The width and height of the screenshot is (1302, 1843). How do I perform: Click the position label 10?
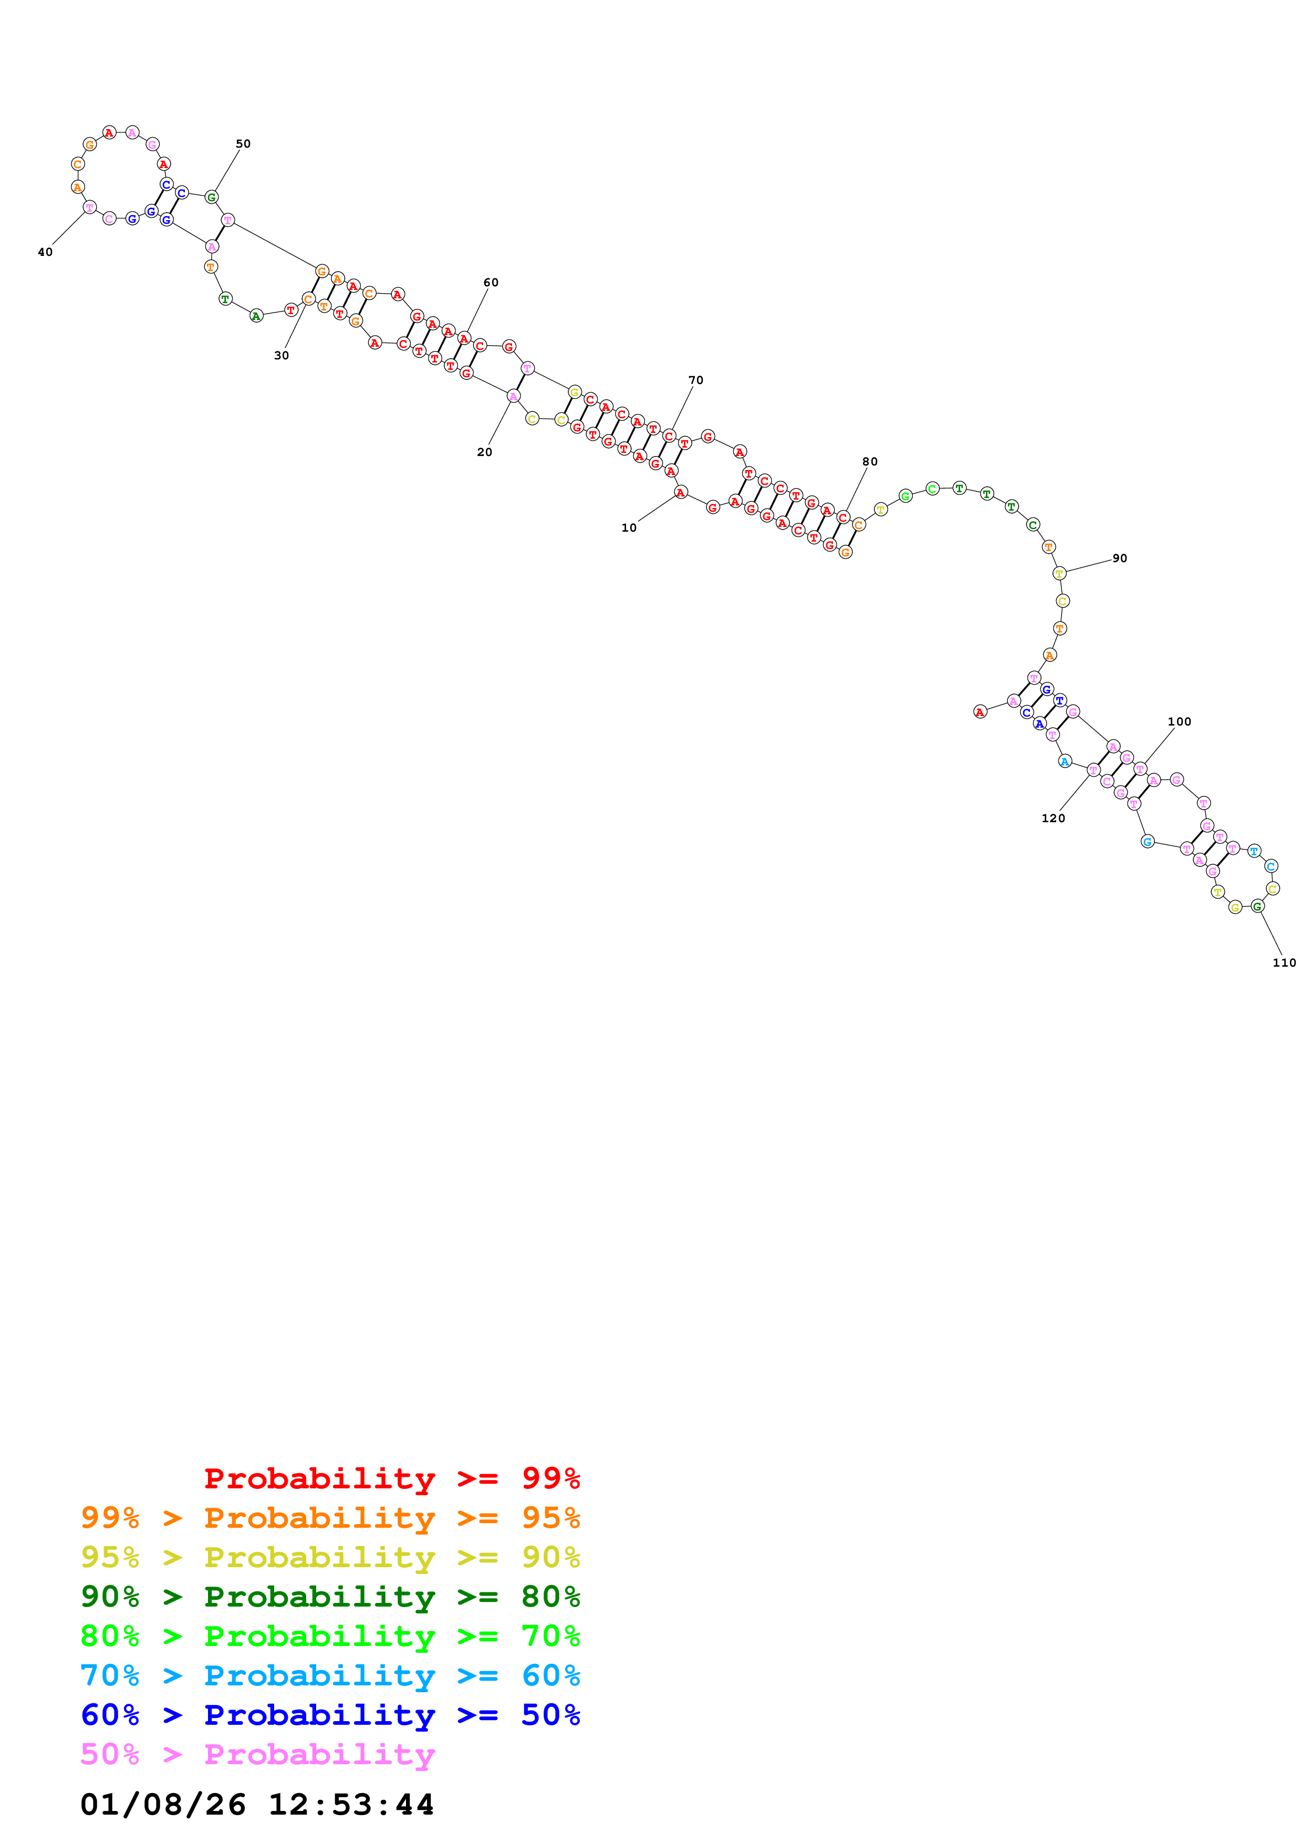coord(629,527)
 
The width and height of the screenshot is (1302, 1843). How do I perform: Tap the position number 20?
coord(485,452)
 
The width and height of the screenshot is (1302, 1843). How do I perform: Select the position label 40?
coord(45,252)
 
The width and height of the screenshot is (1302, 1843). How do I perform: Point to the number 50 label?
coord(243,143)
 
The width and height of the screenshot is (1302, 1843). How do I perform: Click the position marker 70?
coord(695,380)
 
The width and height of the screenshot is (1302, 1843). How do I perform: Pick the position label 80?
coord(870,462)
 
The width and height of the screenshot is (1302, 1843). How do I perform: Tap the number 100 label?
coord(1179,722)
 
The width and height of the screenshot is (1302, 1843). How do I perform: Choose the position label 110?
coord(1284,962)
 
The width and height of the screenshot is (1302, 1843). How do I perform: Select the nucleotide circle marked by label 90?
coord(1059,573)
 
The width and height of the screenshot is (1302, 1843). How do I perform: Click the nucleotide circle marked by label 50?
coord(212,196)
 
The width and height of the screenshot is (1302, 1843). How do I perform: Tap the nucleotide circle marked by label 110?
coord(1257,906)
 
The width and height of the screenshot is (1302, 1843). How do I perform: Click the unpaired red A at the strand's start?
coord(980,712)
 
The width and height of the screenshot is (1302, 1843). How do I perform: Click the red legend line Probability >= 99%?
coord(391,1478)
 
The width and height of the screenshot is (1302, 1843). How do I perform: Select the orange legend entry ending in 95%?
coord(330,1518)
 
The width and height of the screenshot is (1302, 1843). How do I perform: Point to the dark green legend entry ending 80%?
coord(330,1597)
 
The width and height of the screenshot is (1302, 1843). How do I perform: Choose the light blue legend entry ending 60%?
coord(330,1675)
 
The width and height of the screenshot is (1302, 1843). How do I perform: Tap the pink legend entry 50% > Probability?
coord(257,1754)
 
